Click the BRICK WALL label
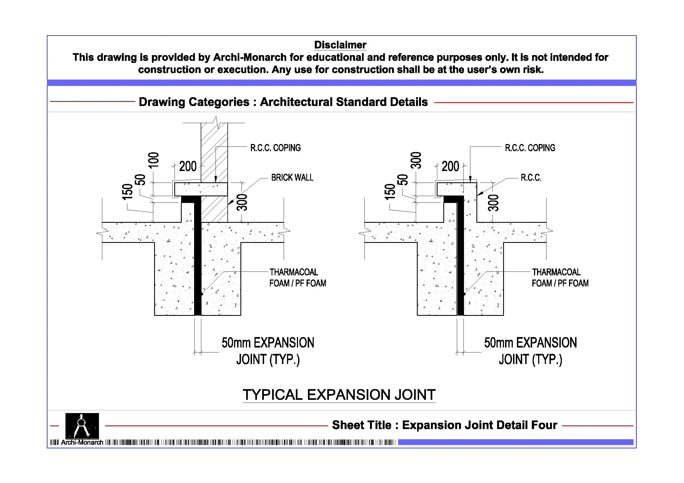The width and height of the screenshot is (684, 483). coord(292,178)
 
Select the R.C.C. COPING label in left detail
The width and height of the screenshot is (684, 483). coord(275,148)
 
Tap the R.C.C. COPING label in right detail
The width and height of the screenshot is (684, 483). coord(530,148)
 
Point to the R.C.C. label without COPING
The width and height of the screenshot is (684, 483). coord(531,178)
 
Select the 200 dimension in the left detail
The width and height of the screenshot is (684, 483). coord(188,166)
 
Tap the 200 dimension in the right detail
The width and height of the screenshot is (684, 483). coord(450,166)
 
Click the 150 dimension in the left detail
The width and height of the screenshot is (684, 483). coord(127,192)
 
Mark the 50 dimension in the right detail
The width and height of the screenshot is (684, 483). coord(403,180)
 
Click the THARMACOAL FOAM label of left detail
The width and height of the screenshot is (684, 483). coord(297,278)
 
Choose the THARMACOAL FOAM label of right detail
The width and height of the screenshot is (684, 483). coord(560,278)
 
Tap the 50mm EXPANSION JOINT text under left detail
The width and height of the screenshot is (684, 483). coord(267,351)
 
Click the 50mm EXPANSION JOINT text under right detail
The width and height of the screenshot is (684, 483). coord(530,351)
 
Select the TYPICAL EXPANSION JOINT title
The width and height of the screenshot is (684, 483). coord(339,395)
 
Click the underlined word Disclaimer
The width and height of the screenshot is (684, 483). coord(340,45)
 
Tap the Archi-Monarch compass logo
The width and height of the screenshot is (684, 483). coord(82,426)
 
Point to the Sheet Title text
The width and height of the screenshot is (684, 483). coord(444,425)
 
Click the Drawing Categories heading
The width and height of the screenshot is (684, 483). coord(283,102)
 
